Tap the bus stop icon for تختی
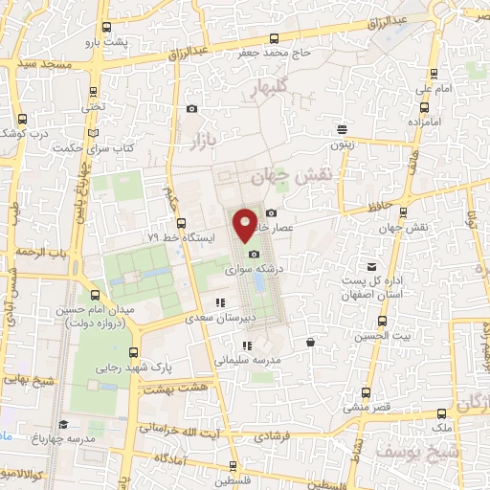click(92, 93)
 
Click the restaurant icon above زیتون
click(343, 130)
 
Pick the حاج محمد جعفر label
click(275, 54)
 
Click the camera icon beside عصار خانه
click(272, 212)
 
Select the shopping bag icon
click(310, 342)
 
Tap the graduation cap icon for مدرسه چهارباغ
click(63, 424)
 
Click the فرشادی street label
click(275, 435)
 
